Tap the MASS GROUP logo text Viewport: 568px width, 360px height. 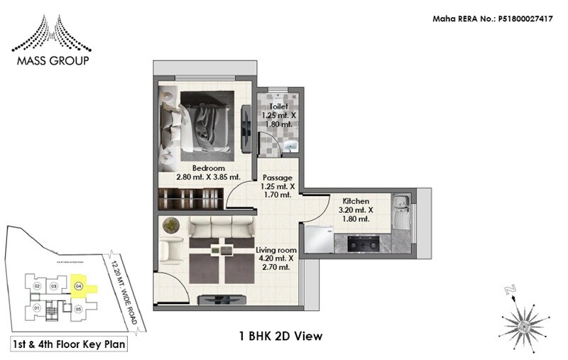click(x=50, y=61)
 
